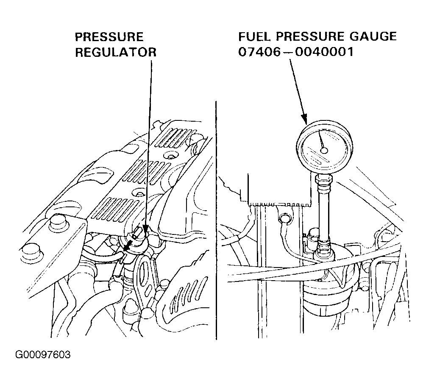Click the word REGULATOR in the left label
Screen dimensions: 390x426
[x=116, y=52]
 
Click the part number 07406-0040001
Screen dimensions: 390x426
[x=295, y=52]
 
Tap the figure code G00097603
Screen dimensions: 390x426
[x=43, y=354]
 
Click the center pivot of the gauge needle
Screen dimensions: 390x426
[x=324, y=150]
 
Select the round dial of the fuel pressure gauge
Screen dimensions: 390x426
[x=324, y=146]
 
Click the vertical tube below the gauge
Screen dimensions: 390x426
[x=325, y=212]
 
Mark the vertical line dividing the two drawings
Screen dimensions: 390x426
[x=217, y=220]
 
